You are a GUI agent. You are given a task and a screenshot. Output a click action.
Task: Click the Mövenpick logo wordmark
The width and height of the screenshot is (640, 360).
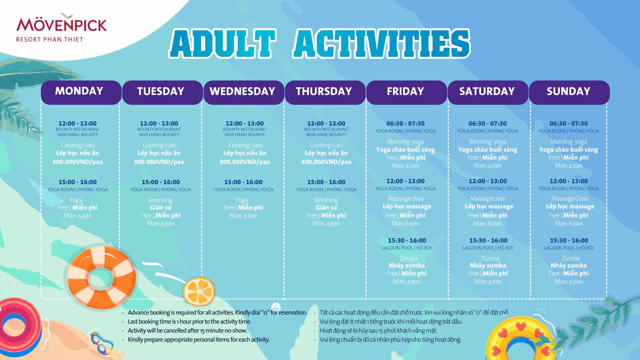click(x=62, y=25)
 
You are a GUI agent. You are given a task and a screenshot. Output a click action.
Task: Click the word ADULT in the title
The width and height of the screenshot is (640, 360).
click(x=222, y=43)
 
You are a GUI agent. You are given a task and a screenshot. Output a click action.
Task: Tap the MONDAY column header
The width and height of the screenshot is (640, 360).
click(x=79, y=91)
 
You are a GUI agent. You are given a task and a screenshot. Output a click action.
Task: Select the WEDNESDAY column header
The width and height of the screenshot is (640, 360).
click(x=242, y=91)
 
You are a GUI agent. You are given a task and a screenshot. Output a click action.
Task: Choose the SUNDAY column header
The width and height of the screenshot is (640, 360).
click(x=569, y=91)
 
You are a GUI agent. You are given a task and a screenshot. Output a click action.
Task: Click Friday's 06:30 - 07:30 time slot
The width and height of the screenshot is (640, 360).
click(x=405, y=124)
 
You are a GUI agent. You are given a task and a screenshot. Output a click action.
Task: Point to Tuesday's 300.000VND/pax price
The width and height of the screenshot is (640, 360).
click(x=159, y=162)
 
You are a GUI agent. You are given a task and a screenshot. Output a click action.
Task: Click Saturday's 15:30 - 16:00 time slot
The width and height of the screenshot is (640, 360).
click(x=488, y=241)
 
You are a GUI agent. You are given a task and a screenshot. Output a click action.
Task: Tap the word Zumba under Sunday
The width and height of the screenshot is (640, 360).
click(x=571, y=258)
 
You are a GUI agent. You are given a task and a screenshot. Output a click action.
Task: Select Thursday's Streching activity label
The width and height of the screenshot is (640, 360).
click(x=326, y=200)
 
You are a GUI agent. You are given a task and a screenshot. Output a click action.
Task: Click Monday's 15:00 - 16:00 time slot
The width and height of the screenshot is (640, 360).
click(x=77, y=182)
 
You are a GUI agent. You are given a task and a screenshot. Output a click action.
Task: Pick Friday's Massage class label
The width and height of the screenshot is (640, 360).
click(x=406, y=199)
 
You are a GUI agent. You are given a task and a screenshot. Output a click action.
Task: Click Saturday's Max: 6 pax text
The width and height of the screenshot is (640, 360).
click(x=488, y=223)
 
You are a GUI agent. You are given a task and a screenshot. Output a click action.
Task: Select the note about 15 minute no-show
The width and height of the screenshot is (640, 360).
click(x=188, y=331)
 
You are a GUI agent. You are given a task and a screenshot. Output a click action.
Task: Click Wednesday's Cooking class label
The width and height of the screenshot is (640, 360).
click(x=245, y=145)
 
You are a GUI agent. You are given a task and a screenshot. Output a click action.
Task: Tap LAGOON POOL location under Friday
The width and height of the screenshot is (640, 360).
click(x=397, y=248)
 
